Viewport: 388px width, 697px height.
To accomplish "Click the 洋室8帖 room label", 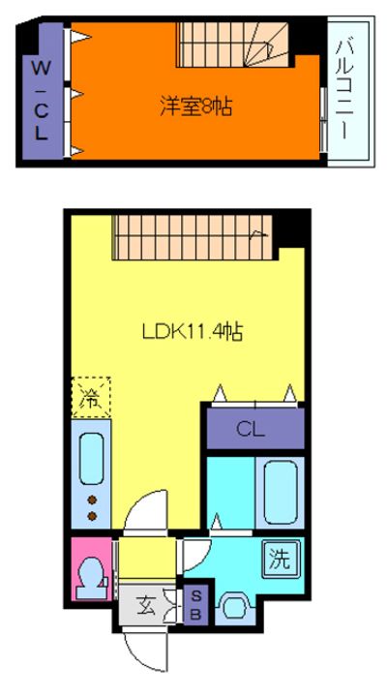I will pyautogui.click(x=196, y=104).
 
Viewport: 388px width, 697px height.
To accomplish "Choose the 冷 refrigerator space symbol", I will pyautogui.click(x=90, y=397).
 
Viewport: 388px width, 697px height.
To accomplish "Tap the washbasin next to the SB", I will pyautogui.click(x=235, y=608).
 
